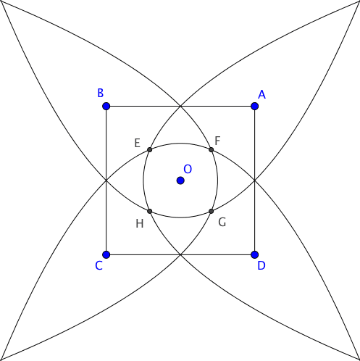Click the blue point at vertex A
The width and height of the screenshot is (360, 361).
(255, 106)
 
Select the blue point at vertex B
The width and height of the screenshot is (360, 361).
(106, 106)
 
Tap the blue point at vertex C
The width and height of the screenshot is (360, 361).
(106, 254)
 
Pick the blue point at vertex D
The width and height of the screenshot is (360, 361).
(255, 254)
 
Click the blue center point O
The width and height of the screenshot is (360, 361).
(180, 180)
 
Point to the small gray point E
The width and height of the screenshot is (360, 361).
(149, 149)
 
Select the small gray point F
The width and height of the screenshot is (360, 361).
(212, 149)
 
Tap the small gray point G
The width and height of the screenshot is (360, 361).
(212, 212)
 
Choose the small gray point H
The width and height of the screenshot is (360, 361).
(149, 212)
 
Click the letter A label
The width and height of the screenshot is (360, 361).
(261, 95)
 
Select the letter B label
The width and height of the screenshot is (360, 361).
(100, 93)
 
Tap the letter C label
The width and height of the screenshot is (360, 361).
(99, 265)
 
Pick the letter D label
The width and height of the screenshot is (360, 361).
(261, 265)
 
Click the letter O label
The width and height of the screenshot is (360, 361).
(188, 169)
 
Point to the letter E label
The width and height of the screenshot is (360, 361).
(137, 143)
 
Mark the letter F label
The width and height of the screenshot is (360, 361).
(217, 141)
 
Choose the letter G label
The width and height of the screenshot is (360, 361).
(222, 223)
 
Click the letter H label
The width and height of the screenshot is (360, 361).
(140, 224)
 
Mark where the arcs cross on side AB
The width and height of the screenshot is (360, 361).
(180, 106)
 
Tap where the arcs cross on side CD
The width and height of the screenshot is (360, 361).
(180, 254)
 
